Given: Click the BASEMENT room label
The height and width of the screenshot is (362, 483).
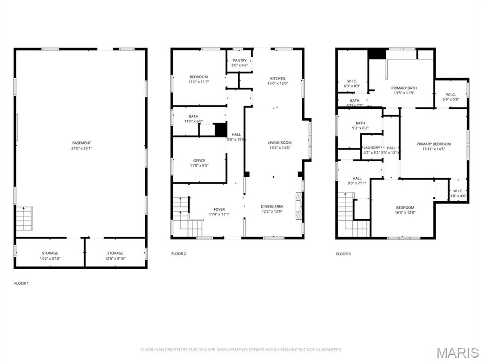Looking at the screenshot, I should pos(82,143).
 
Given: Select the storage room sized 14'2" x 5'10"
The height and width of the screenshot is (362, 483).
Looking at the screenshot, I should pos(50,255).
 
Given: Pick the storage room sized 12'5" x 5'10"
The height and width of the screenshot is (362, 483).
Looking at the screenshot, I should pos(115,255).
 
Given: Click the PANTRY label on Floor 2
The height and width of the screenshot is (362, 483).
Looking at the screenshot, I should pos(240,60).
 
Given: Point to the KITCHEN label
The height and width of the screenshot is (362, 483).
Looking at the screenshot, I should pos(277,78).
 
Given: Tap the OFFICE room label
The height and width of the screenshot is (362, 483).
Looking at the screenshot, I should pos(199,161).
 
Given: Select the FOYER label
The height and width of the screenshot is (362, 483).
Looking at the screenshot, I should pos(219,209).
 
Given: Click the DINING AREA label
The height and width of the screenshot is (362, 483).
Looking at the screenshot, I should pos(272,206).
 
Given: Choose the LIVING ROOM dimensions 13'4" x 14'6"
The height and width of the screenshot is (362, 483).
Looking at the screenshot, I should pos(280,148).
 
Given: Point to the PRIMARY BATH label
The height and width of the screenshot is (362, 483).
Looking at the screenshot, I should pos(404,88).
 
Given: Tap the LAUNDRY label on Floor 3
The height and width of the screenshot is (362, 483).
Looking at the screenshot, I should pos(372,148).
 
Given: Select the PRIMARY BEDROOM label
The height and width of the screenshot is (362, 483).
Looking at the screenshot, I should pos(433,144).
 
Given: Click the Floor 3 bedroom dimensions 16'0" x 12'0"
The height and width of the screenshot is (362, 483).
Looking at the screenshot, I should pos(405,212).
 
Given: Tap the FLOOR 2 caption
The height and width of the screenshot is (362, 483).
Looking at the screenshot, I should pos(178,254).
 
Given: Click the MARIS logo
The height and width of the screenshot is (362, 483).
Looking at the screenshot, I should pos(457,352).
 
